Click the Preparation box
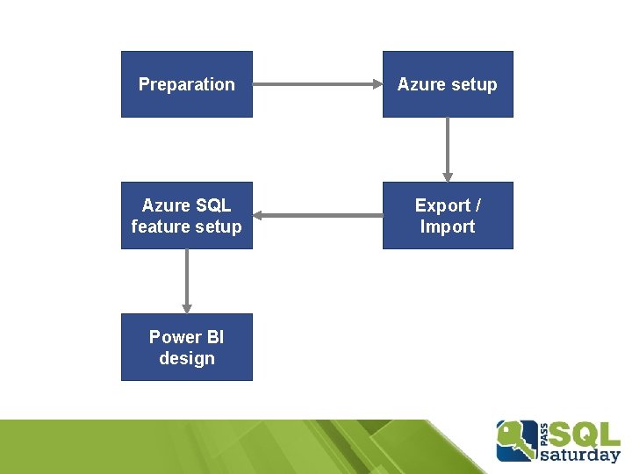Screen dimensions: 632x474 (187, 84)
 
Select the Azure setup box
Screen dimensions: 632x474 (448, 84)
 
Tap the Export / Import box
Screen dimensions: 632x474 (448, 215)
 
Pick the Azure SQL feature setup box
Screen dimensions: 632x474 (187, 215)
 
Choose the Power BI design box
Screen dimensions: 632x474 (187, 347)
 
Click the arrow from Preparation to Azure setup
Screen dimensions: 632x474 (318, 84)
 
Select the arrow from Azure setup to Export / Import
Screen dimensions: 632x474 (448, 149)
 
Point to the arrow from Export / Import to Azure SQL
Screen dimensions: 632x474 (318, 215)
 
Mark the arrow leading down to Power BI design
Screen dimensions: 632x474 (187, 282)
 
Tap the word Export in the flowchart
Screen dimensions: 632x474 (442, 205)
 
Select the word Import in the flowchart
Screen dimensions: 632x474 (448, 226)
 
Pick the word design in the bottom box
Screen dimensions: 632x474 (187, 358)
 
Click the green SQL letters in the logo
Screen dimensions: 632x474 (585, 435)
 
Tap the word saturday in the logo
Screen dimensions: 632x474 (580, 455)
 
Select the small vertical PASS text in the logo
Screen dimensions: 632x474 (544, 434)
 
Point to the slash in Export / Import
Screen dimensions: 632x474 (478, 205)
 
